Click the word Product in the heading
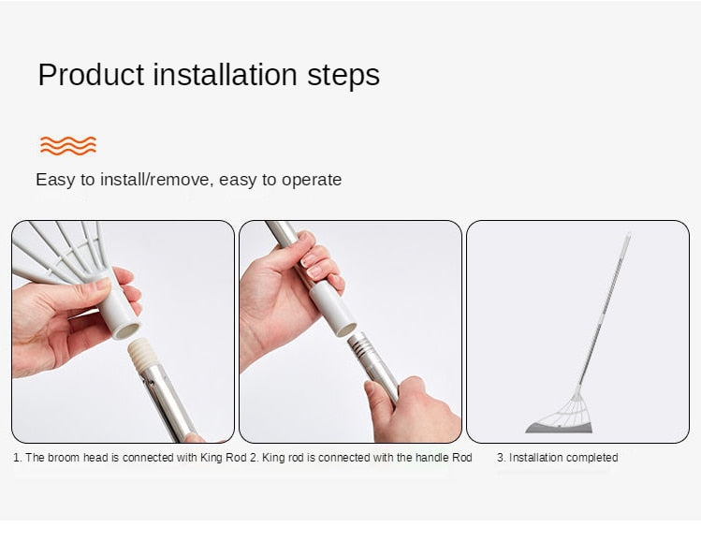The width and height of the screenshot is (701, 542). coord(91,74)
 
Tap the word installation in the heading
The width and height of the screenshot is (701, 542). coord(226,74)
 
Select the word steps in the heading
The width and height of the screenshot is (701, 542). coord(343,76)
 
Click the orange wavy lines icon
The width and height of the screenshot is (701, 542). coord(68,145)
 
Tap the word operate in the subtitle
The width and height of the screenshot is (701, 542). coord(312,181)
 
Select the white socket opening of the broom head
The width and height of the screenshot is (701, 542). coord(125,331)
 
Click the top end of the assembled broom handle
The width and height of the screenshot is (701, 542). coord(628,234)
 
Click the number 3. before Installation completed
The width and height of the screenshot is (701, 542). coord(501,458)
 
